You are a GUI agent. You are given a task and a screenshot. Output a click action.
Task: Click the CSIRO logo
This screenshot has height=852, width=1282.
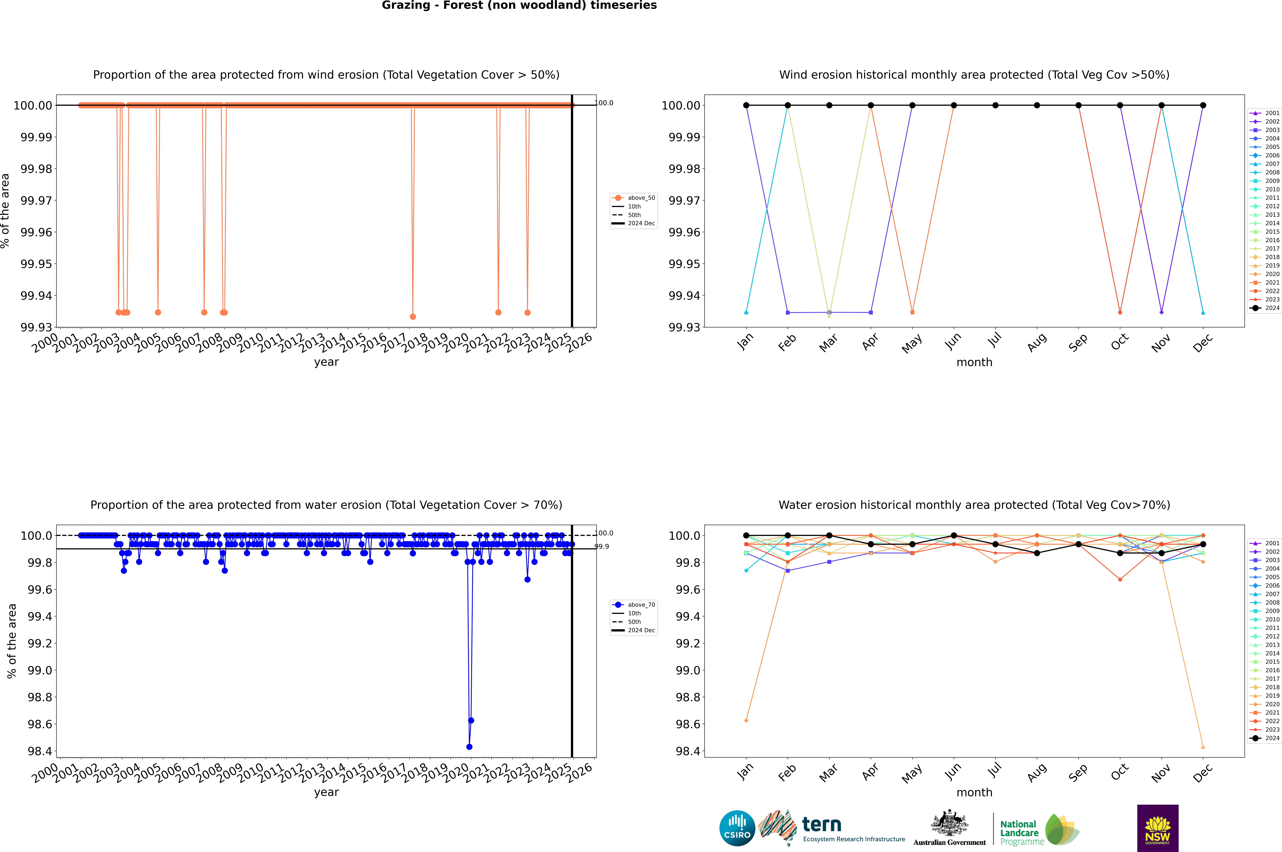tap(737, 828)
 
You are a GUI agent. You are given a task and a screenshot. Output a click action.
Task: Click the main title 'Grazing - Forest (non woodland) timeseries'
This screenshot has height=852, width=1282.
tap(519, 5)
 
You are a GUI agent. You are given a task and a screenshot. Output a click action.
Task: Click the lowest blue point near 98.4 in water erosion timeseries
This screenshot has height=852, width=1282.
tap(469, 747)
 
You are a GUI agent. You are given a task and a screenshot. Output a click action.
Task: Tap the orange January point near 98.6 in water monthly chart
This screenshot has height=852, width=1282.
tap(746, 721)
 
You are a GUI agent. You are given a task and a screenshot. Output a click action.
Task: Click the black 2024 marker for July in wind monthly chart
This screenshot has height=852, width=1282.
tap(995, 105)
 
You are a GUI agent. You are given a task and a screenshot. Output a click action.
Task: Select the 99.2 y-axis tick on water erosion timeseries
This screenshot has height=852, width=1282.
tap(40, 643)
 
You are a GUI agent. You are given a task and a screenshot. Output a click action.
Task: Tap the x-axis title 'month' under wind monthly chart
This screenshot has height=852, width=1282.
tap(974, 362)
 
